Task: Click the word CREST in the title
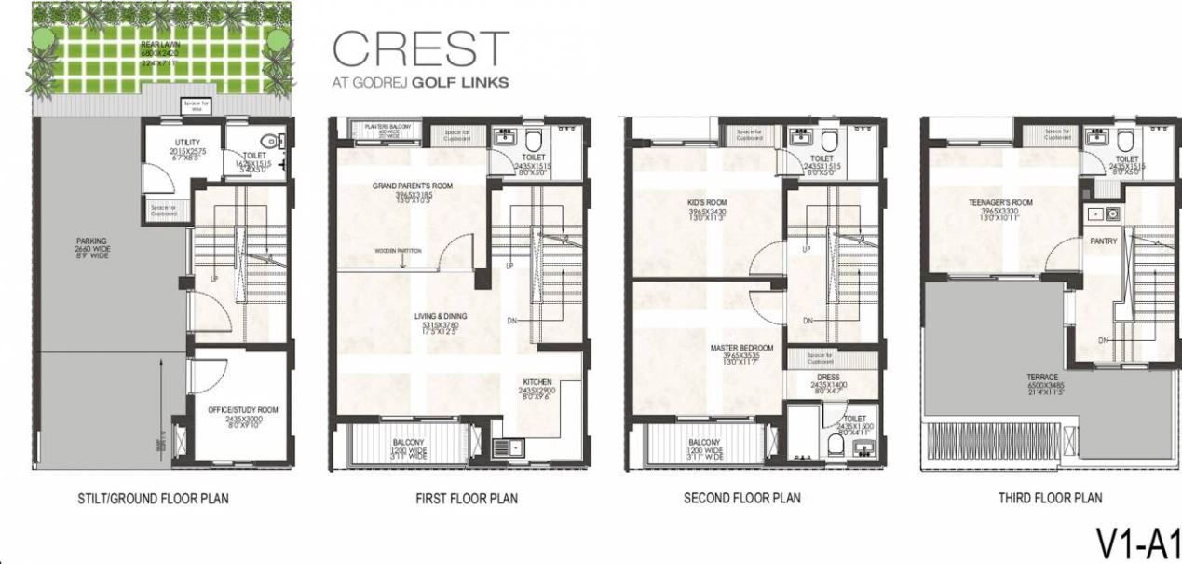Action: click(x=421, y=48)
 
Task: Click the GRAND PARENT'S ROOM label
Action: click(x=412, y=186)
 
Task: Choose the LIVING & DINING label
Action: click(x=441, y=317)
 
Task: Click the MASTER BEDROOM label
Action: click(x=741, y=348)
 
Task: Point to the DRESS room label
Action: click(x=826, y=378)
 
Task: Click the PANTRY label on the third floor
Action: click(x=1103, y=241)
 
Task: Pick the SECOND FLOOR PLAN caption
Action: click(x=741, y=499)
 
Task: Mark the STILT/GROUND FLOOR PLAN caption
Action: click(x=153, y=499)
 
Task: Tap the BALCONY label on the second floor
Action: click(x=704, y=443)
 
